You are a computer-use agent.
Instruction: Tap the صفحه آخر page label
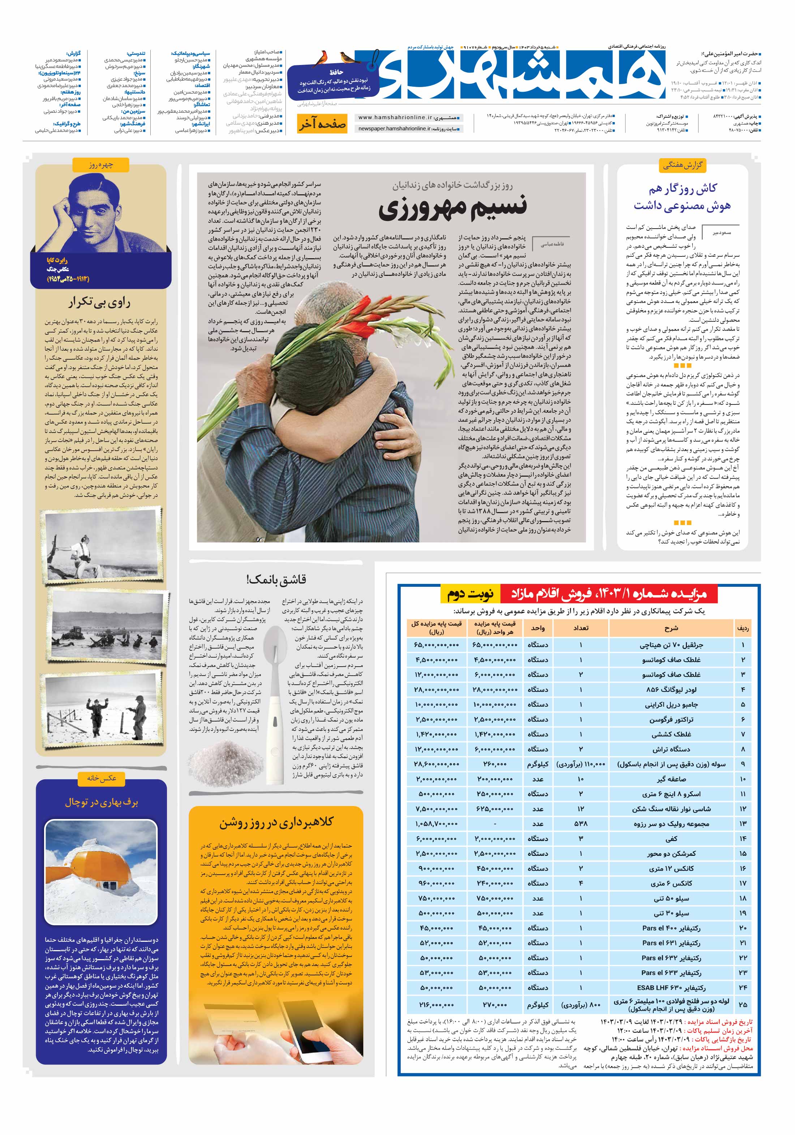[x=322, y=124]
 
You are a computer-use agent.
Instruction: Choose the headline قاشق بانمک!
[x=276, y=579]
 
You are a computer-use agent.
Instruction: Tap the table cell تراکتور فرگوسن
[x=671, y=720]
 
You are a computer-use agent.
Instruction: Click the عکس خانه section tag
[x=102, y=779]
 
